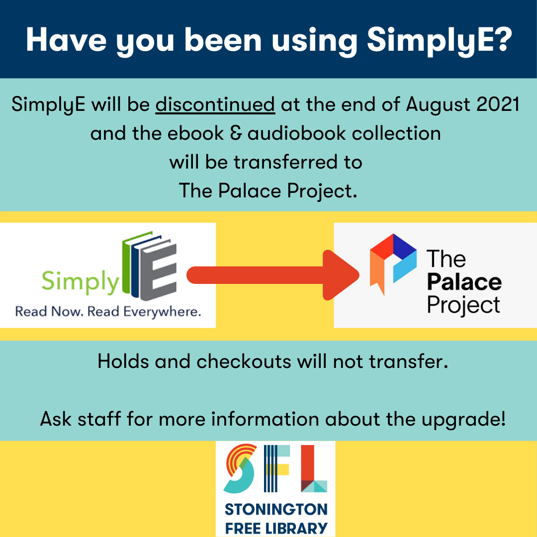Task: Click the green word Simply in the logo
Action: (80, 281)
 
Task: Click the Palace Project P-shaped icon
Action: (393, 264)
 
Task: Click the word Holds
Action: (123, 361)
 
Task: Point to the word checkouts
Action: (244, 361)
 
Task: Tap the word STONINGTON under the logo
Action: (276, 509)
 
